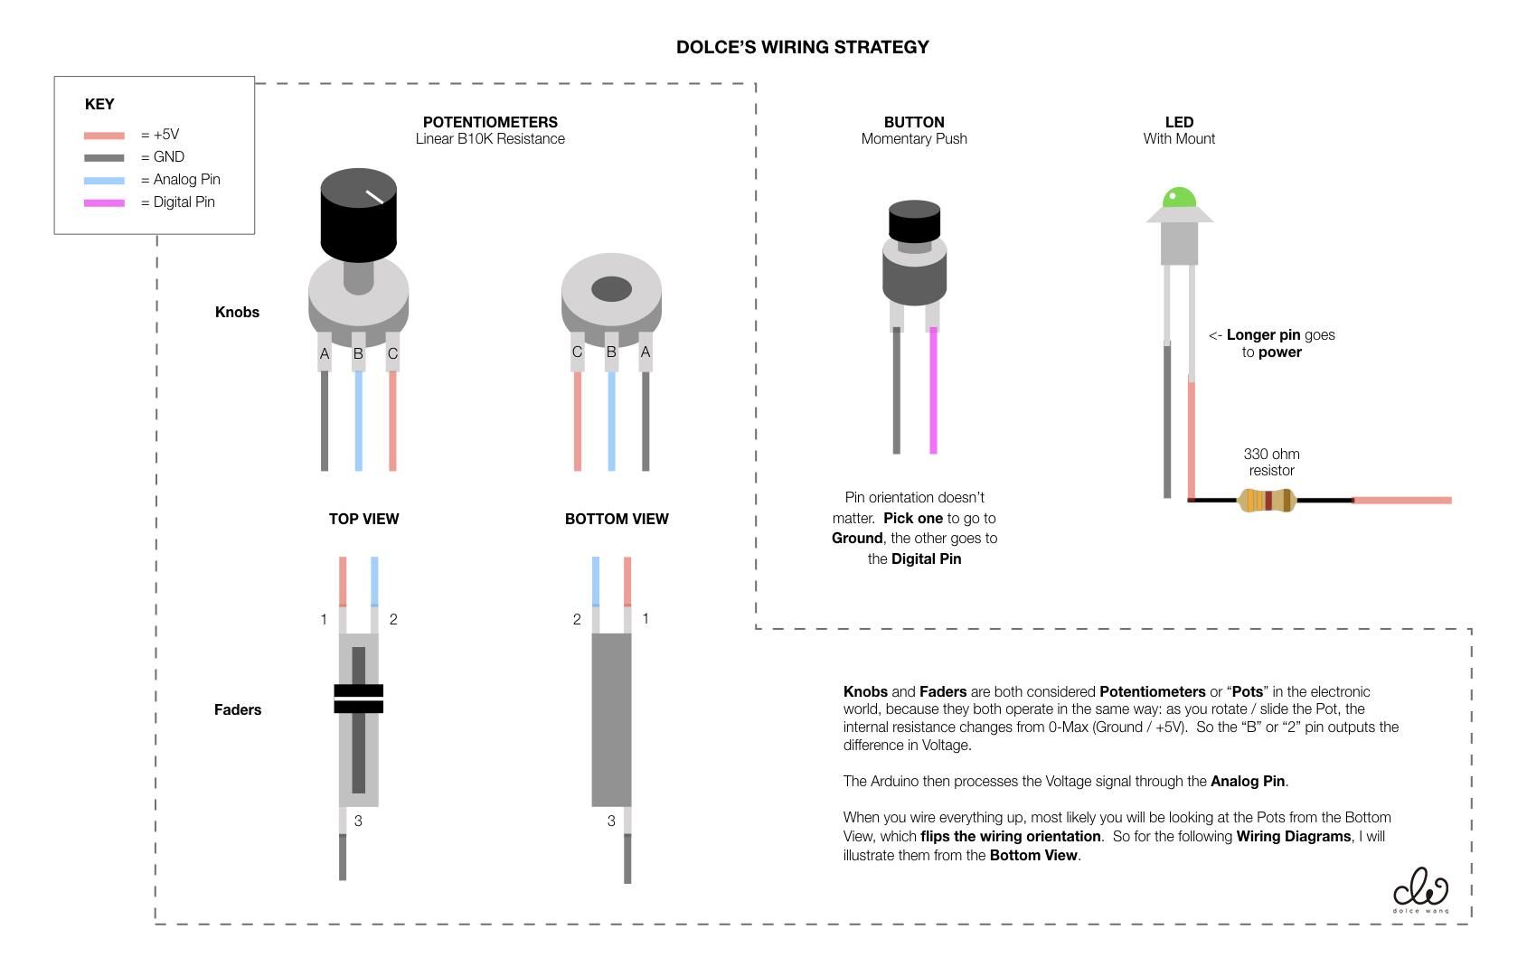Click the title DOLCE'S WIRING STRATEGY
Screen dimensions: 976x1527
point(802,47)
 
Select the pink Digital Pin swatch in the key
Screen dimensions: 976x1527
point(104,202)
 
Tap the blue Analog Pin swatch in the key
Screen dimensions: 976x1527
point(104,180)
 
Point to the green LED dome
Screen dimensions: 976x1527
point(1179,198)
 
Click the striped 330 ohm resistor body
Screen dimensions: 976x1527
point(1266,500)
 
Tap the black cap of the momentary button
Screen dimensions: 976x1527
point(914,221)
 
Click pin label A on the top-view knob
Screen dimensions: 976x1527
point(325,353)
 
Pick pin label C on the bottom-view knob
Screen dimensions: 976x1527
point(577,352)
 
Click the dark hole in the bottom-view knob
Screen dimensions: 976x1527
point(611,289)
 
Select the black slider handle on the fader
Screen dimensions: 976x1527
point(359,699)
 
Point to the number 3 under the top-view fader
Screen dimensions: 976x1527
point(358,821)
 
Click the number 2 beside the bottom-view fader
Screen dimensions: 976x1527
point(577,619)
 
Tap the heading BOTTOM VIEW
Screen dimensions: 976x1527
point(617,519)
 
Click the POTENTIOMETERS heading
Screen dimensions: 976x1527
point(490,122)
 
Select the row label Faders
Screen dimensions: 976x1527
point(238,709)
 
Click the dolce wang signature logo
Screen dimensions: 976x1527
point(1420,890)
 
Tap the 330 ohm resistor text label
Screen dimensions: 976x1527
point(1271,462)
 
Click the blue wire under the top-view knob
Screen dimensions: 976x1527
point(358,420)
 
